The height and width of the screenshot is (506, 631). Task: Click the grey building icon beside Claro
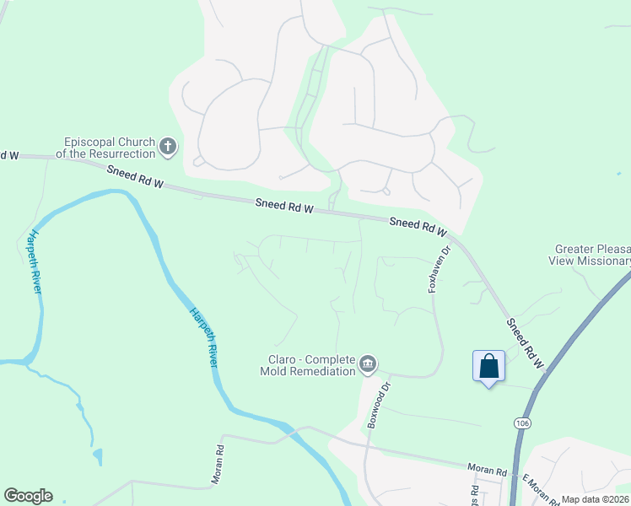367,364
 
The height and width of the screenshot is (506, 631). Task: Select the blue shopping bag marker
488,366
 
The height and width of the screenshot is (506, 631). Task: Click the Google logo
28,496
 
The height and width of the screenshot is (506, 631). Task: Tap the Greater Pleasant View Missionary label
592,255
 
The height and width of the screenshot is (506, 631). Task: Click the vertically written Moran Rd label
217,465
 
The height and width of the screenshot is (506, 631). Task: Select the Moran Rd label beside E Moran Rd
488,469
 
